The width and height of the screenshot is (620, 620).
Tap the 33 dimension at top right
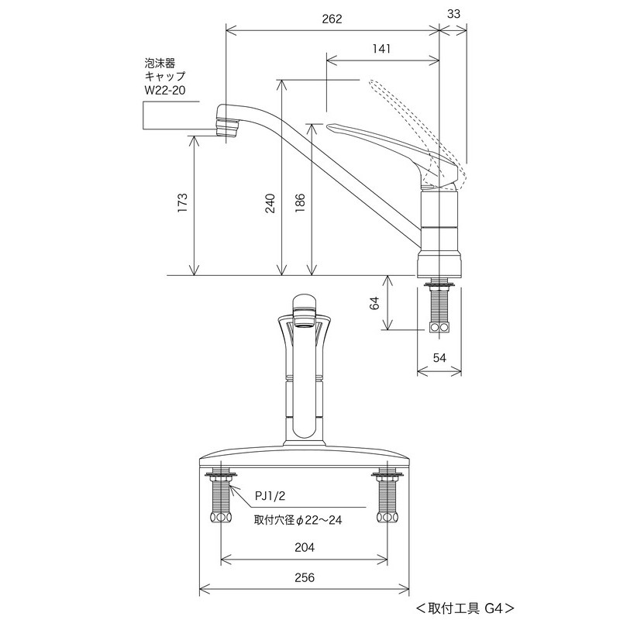tap(454, 13)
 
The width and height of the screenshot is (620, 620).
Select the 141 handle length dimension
tap(381, 48)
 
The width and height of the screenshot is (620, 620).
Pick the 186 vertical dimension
tap(300, 203)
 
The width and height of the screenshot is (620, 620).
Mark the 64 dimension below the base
tap(374, 304)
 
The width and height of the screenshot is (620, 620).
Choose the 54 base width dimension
tap(439, 356)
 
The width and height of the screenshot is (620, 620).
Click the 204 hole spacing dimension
tap(305, 547)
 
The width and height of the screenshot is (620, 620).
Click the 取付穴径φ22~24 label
tap(298, 520)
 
